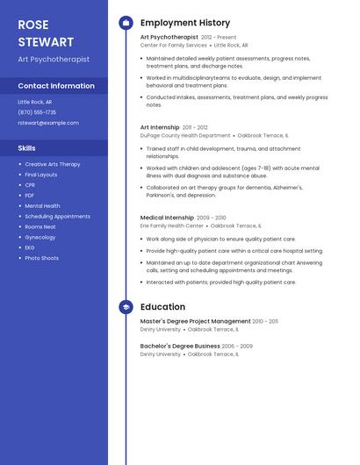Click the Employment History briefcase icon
point(126,23)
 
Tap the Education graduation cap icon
point(126,307)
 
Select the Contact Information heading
point(56,86)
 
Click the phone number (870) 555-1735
point(37,112)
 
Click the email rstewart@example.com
point(48,123)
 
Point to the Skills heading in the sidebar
point(27,148)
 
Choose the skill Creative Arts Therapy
point(52,164)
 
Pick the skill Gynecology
point(40,237)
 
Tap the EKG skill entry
point(30,247)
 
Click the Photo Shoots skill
point(41,258)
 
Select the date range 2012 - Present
point(219,38)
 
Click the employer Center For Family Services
point(174,45)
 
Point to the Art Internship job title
point(160,127)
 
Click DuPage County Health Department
point(185,135)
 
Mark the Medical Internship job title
point(167,218)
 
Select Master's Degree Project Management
point(195,322)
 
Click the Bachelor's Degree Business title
point(180,346)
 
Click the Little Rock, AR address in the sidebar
point(35,102)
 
